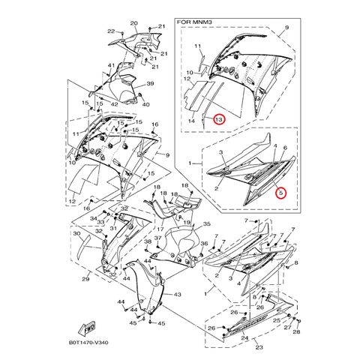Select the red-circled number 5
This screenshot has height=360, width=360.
(x=280, y=192)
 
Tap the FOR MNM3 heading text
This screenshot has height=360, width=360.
(x=196, y=22)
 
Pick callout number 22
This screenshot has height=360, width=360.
(x=110, y=31)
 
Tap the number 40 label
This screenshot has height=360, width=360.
(x=146, y=104)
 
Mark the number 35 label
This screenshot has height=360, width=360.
(x=207, y=223)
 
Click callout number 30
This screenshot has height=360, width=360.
(x=76, y=233)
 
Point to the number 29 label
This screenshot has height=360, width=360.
(x=85, y=280)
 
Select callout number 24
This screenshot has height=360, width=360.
(x=244, y=338)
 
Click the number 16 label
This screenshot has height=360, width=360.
(x=155, y=124)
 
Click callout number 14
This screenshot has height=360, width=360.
(x=192, y=120)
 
